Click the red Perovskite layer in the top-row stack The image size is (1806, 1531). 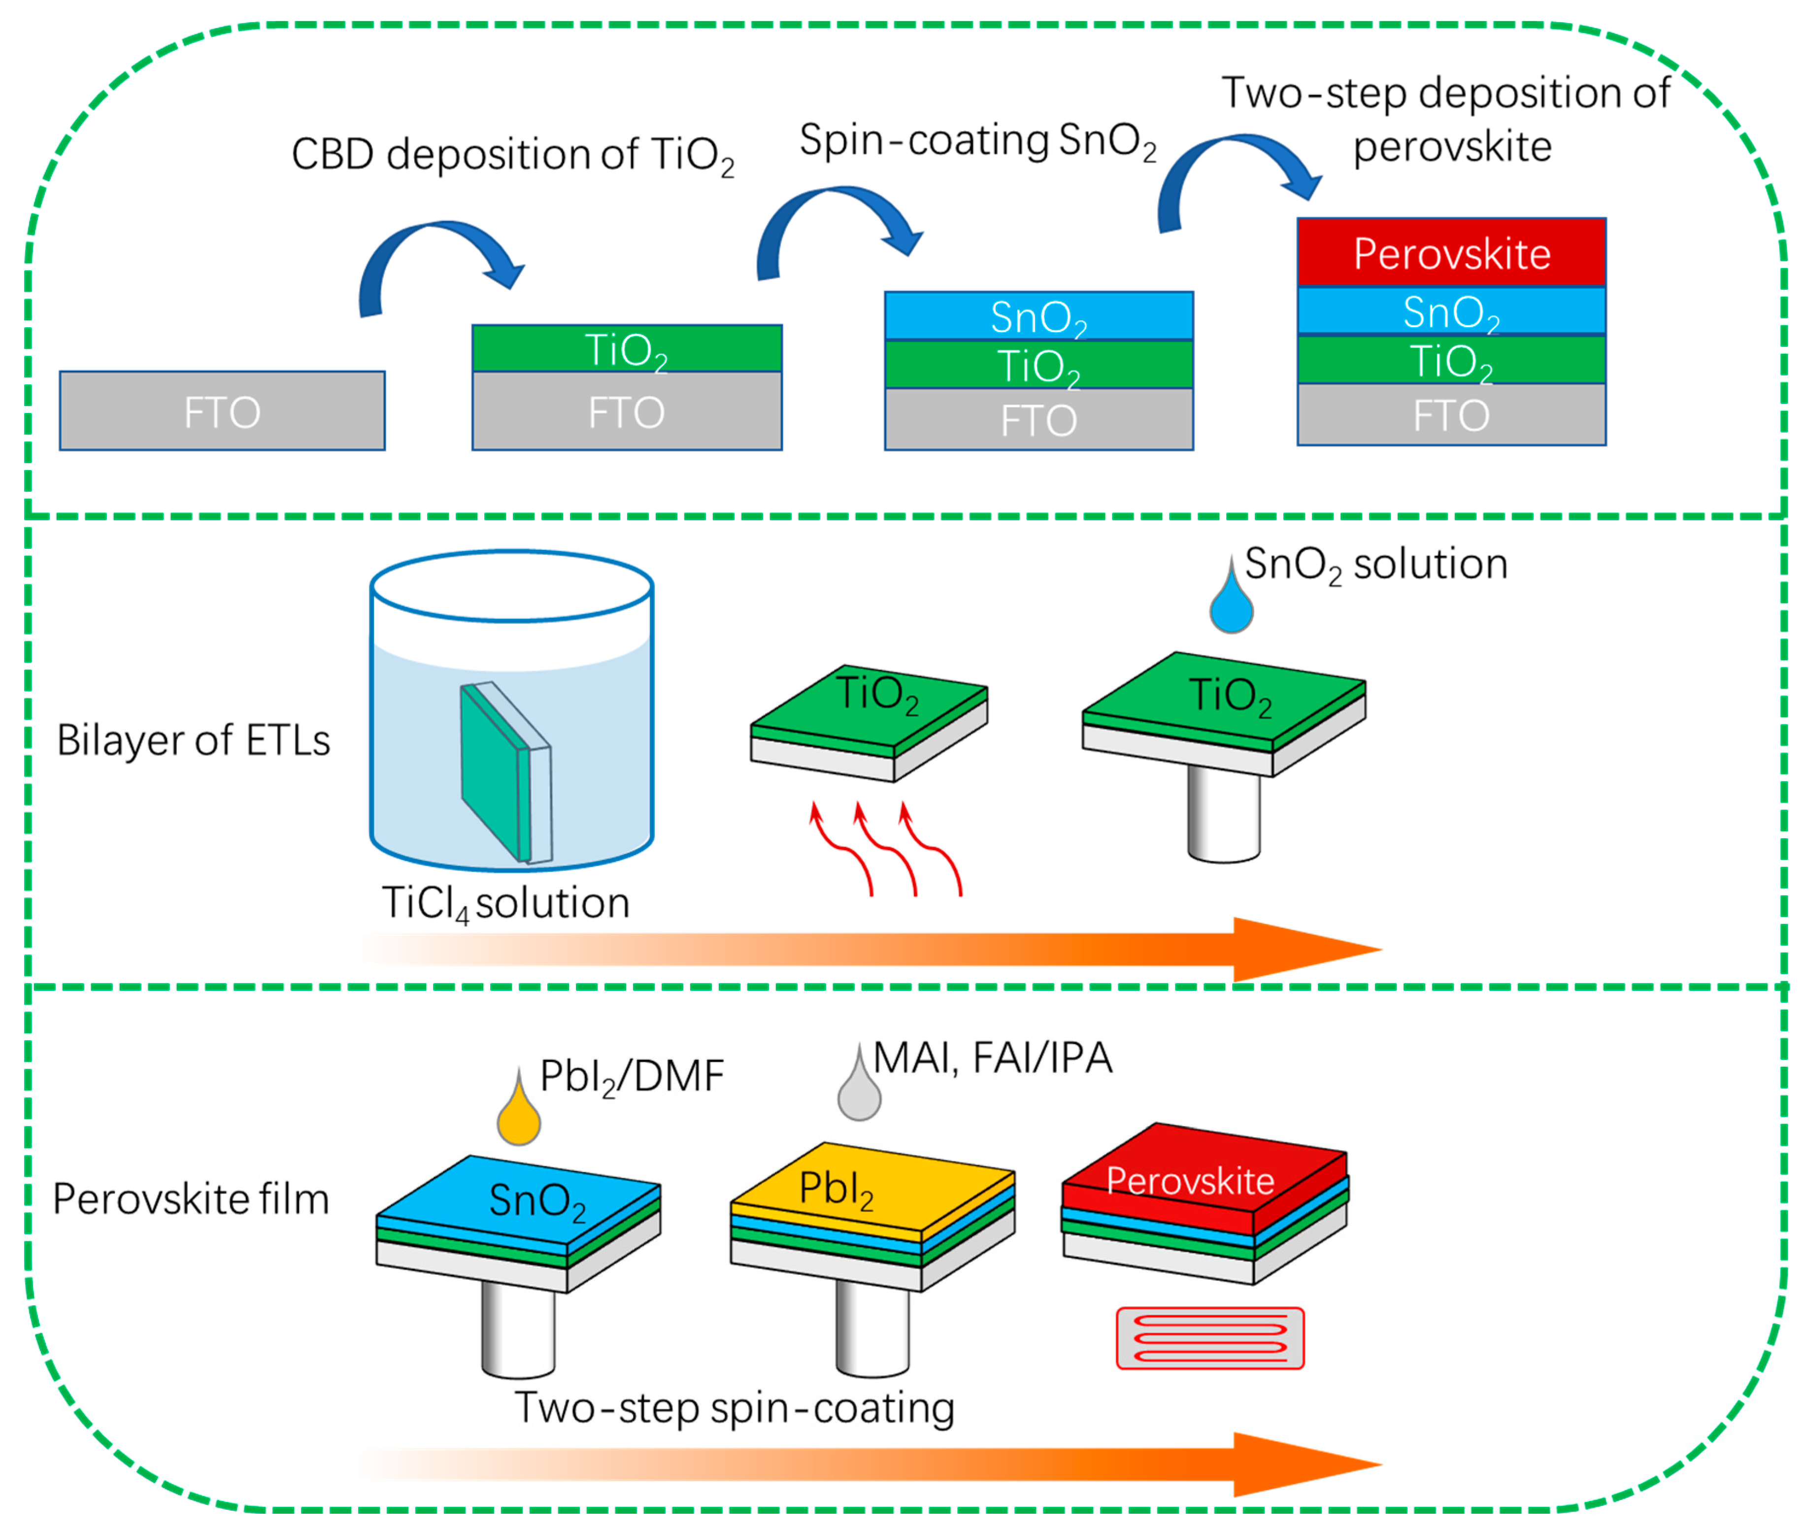1450,253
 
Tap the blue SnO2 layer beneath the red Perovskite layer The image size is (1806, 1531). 1450,311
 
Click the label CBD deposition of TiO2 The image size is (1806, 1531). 512,155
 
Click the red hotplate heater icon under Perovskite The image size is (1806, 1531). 1209,1337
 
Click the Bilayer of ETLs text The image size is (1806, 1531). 193,740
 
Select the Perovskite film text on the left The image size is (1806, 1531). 191,1198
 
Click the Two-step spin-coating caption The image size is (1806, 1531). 734,1408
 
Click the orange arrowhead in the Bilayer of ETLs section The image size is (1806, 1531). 1302,949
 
